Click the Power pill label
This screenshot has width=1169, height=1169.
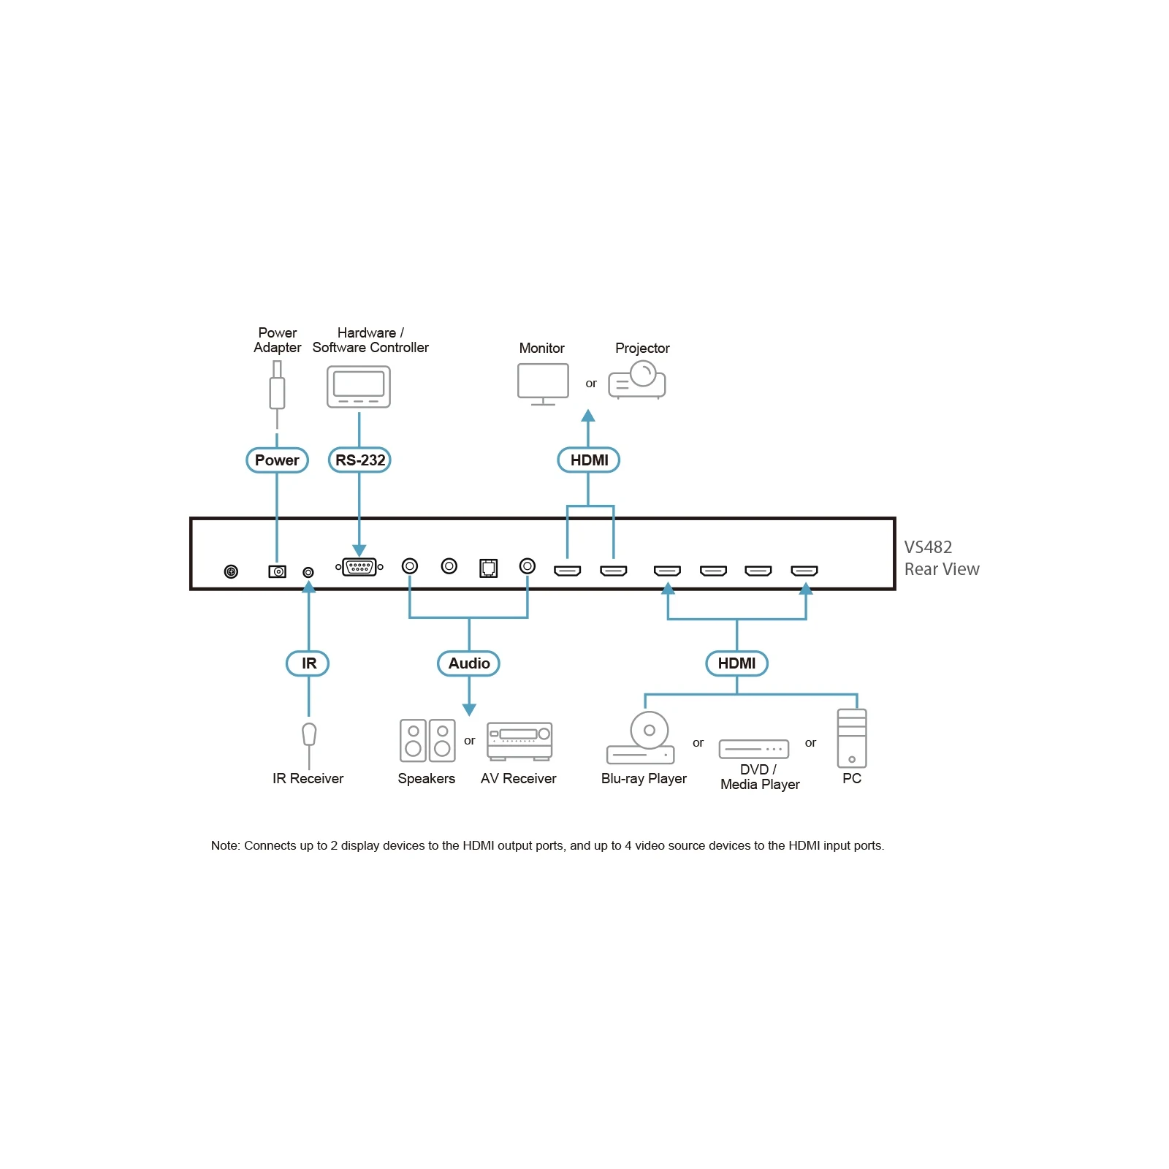(x=277, y=460)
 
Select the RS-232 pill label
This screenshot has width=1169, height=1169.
(x=359, y=460)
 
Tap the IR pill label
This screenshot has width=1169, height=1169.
(x=308, y=663)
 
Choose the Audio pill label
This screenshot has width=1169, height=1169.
(x=468, y=663)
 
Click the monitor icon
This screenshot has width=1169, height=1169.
(x=543, y=384)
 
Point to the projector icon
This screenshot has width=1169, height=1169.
(x=637, y=381)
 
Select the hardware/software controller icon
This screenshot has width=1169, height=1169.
(x=358, y=387)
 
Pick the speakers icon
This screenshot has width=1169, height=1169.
(x=427, y=740)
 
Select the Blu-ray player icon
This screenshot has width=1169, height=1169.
(x=641, y=739)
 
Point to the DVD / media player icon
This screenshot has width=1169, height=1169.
(x=754, y=749)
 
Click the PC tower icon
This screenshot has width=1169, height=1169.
(x=852, y=738)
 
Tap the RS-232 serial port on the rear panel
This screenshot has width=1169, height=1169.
(x=359, y=567)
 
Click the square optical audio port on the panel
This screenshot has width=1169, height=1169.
(x=488, y=568)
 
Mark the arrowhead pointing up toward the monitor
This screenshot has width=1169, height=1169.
(x=588, y=416)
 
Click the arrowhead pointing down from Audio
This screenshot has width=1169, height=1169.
(x=469, y=709)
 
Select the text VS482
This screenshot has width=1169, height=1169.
(x=928, y=547)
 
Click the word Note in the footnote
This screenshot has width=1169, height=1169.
(x=224, y=845)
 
